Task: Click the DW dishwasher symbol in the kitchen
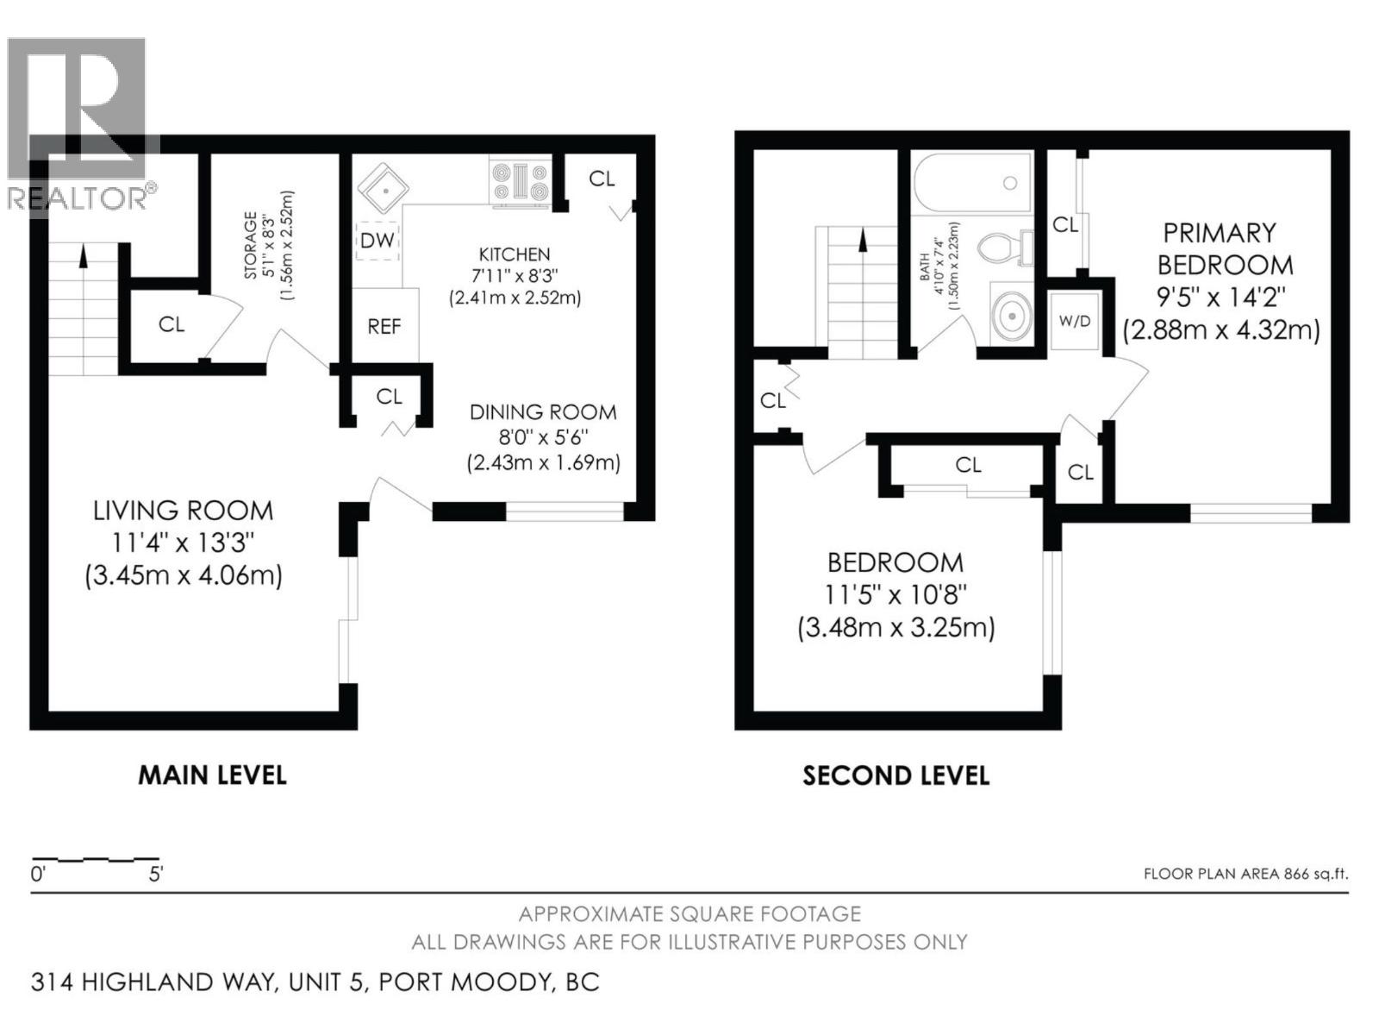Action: tap(377, 241)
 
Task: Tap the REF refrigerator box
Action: tap(384, 326)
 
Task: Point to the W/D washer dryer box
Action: tap(1074, 321)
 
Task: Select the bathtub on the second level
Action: tap(972, 183)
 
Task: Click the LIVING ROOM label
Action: tap(183, 511)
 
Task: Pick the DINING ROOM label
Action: tap(543, 412)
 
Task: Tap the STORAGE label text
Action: tap(251, 245)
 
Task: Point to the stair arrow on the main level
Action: tap(84, 255)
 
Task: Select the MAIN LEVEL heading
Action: tap(212, 775)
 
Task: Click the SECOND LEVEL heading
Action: tap(895, 775)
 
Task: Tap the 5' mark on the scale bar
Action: tap(155, 874)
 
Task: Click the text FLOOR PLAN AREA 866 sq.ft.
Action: tap(1245, 874)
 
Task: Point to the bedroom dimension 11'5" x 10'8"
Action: tap(895, 594)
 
